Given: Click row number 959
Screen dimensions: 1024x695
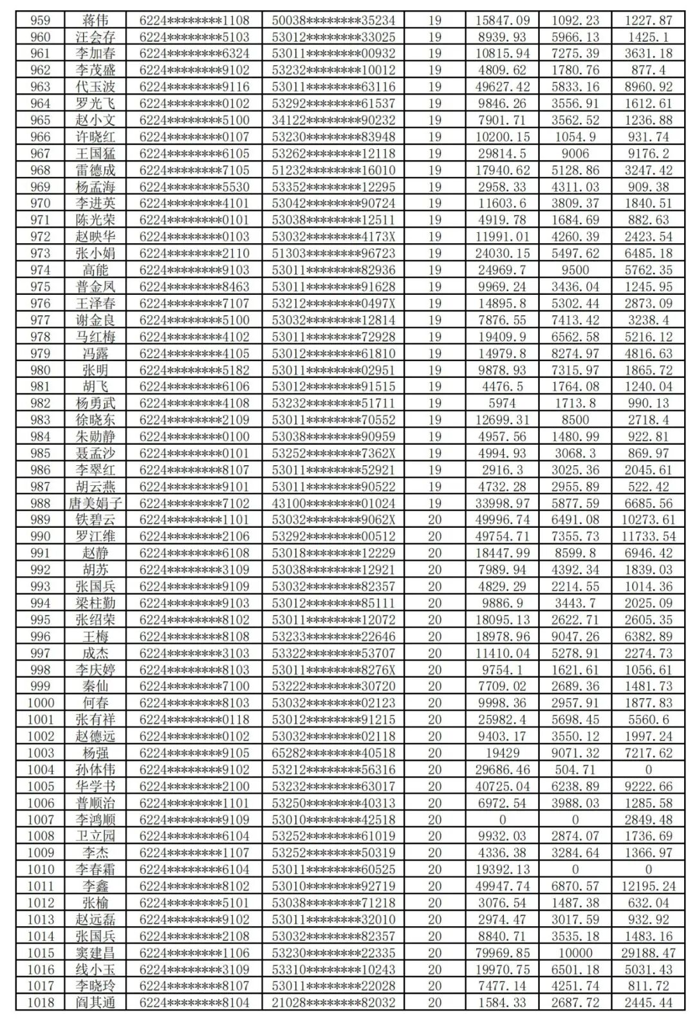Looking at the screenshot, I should (40, 20).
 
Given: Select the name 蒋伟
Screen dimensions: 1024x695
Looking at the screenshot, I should (95, 20).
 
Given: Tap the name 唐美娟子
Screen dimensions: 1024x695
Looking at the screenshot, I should (95, 503).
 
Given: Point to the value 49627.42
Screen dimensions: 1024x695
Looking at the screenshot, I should (503, 86).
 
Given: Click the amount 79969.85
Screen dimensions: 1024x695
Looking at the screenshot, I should (503, 953).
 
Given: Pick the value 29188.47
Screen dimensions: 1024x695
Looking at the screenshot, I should (648, 953).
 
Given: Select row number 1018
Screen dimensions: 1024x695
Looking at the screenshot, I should (40, 1002).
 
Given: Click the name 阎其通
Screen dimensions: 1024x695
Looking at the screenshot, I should (95, 1002).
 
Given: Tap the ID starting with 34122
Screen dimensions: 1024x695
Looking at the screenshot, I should (333, 120).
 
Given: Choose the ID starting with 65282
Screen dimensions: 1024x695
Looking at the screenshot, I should (333, 752).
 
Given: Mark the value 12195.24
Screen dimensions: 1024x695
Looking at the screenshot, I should (648, 886).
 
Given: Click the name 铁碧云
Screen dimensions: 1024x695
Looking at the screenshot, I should (95, 519).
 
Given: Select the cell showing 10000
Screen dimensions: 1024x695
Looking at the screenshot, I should (575, 953).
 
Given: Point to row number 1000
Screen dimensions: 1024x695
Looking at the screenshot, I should (40, 702).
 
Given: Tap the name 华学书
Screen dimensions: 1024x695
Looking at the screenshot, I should (95, 786).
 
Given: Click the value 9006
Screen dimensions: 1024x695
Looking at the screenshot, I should (575, 153).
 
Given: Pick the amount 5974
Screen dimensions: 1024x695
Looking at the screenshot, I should (503, 403).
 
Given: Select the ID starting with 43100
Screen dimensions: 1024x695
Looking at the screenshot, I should (333, 503).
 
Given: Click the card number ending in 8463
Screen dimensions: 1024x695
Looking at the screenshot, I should (194, 286).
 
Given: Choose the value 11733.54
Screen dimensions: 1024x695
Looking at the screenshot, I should (648, 536).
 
